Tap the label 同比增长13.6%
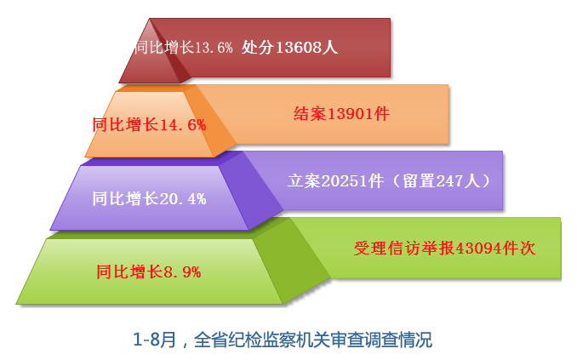[x=184, y=48]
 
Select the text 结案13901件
[x=341, y=113]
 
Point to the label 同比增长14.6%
[x=149, y=125]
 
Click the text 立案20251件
[x=335, y=180]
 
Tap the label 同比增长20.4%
[x=149, y=199]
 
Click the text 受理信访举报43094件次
[x=444, y=249]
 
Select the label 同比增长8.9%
[x=149, y=272]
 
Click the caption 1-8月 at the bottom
[x=154, y=340]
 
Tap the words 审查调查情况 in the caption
[x=380, y=340]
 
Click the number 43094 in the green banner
[x=479, y=249]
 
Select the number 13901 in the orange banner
[x=351, y=114]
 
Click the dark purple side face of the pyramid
[x=251, y=191]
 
